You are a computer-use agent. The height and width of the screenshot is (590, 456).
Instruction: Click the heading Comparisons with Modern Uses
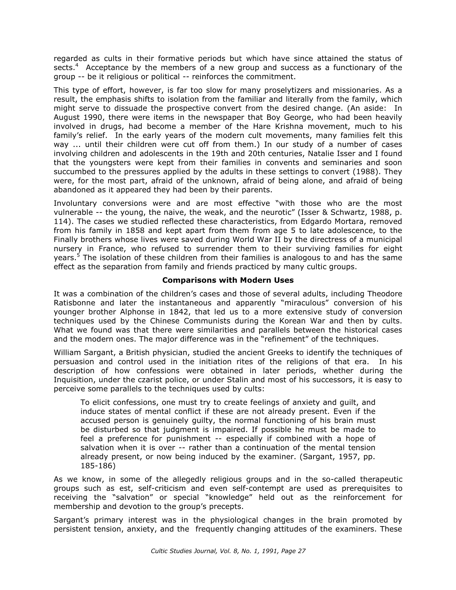pos(227,280)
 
